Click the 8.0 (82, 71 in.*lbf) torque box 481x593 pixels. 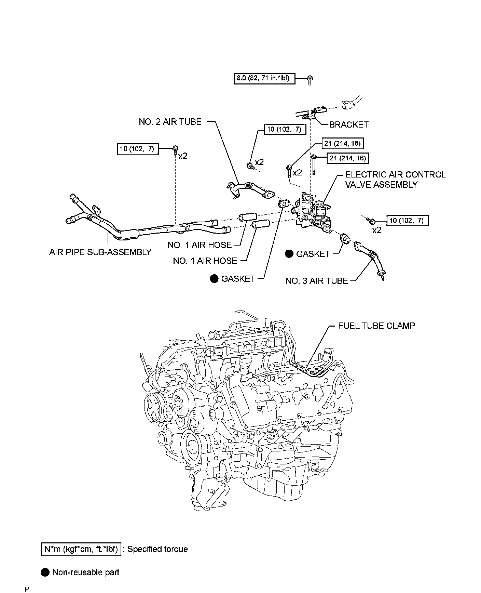pos(264,79)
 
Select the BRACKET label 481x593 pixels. pos(348,125)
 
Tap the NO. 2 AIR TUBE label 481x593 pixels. pos(170,122)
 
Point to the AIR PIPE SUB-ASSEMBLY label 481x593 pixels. pos(100,252)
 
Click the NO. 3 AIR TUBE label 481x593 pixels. pos(317,281)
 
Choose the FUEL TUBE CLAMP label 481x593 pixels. pos(376,326)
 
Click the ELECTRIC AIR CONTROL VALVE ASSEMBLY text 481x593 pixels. pos(395,180)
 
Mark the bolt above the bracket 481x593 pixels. pos(310,79)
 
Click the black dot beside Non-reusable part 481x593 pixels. pos(45,572)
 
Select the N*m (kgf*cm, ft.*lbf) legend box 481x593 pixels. pos(81,549)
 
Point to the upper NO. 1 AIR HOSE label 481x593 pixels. pos(200,245)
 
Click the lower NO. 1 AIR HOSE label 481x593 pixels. pos(205,261)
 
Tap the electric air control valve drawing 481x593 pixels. pos(313,212)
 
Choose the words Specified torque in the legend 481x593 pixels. pos(157,549)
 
